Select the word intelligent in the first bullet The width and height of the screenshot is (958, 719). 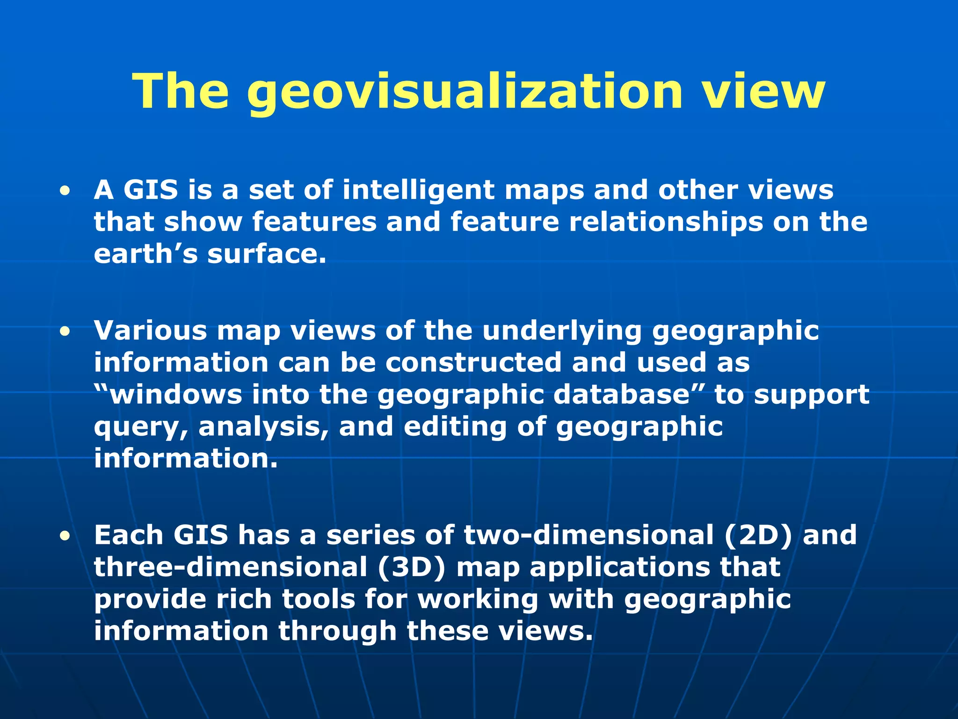point(418,190)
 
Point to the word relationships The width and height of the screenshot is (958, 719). point(666,222)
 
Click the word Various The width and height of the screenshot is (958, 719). point(150,330)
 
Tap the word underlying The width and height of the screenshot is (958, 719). point(562,331)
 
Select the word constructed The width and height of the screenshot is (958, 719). point(473,363)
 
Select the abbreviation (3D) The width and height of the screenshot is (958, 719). point(412,567)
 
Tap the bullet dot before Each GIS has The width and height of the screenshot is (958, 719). point(65,536)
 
